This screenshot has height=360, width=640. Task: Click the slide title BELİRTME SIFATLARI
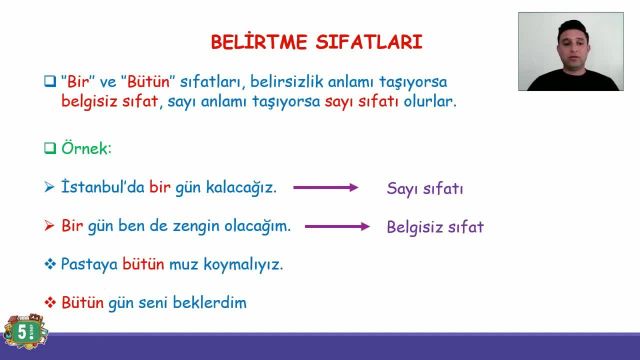[316, 42]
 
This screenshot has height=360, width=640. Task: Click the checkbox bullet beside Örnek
[49, 148]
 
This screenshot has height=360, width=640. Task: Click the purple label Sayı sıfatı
[424, 188]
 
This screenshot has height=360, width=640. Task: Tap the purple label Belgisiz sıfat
[435, 227]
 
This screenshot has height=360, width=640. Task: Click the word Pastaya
[89, 264]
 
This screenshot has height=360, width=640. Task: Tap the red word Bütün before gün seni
[82, 302]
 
